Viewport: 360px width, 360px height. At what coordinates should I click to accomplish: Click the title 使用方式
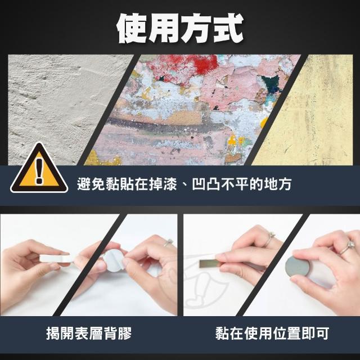click(x=180, y=28)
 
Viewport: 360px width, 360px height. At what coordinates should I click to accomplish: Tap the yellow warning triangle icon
click(x=39, y=169)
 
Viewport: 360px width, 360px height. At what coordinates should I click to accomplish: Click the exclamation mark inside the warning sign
click(x=39, y=171)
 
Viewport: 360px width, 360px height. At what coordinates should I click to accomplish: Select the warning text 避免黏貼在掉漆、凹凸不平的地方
click(x=184, y=184)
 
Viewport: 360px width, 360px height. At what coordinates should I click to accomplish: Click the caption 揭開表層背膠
click(x=89, y=333)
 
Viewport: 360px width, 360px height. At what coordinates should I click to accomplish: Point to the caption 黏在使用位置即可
click(x=272, y=333)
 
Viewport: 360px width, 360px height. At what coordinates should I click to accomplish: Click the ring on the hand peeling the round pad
click(x=168, y=242)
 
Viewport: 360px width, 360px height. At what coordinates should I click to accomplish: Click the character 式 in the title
click(x=228, y=29)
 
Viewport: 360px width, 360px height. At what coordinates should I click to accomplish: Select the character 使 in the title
click(x=132, y=29)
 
